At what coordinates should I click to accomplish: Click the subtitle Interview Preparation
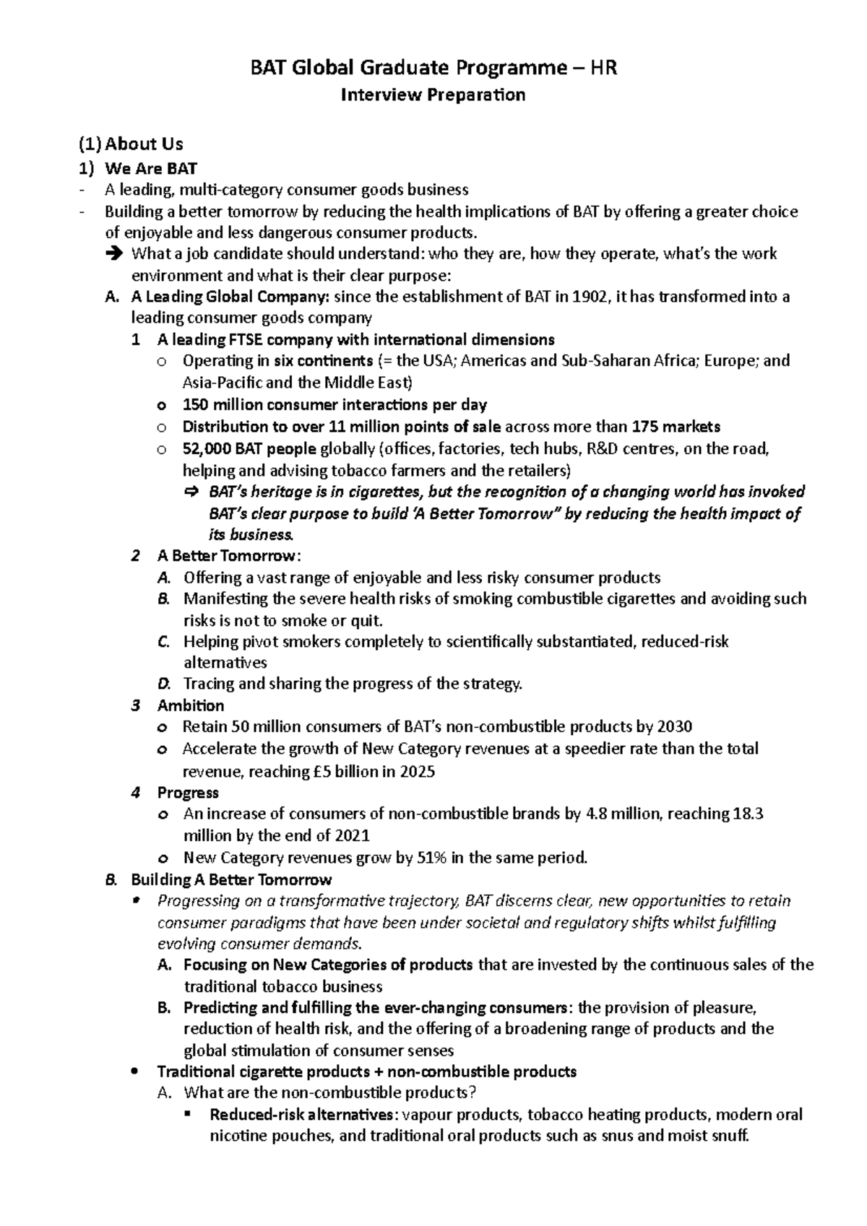(x=433, y=95)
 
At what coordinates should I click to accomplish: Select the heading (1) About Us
(x=131, y=144)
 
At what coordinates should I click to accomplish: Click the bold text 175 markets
(x=676, y=427)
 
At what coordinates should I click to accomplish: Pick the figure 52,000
(x=207, y=449)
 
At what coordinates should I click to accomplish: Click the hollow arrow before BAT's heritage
(x=191, y=492)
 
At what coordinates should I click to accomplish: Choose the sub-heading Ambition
(x=191, y=705)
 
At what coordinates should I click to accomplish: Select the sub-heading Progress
(x=188, y=793)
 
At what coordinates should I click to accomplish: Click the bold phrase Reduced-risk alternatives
(x=302, y=1115)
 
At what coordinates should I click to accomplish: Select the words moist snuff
(x=711, y=1136)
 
